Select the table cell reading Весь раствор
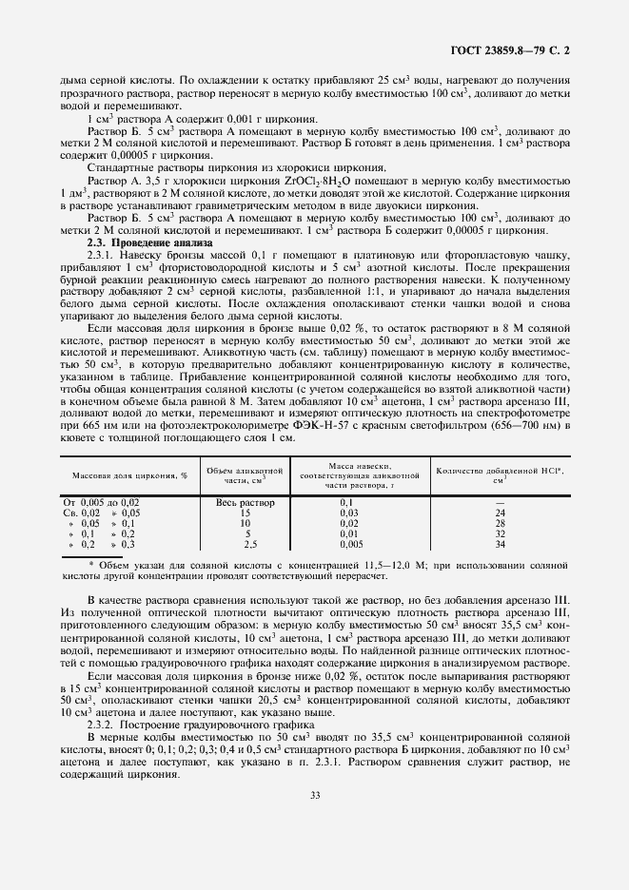pyautogui.click(x=246, y=502)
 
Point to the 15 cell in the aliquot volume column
pyautogui.click(x=246, y=513)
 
